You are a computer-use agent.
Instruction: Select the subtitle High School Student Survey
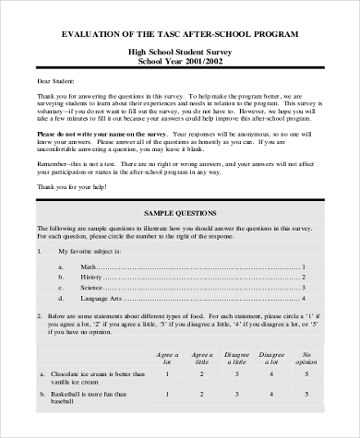pyautogui.click(x=179, y=55)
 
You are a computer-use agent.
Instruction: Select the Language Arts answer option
pyautogui.click(x=101, y=299)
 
